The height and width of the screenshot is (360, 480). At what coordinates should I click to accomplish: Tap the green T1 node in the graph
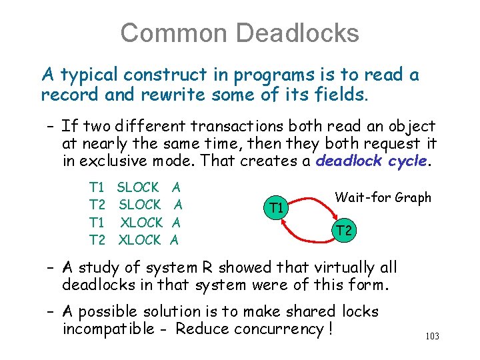point(276,208)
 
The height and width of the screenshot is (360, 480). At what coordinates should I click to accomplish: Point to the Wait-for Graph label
point(383,197)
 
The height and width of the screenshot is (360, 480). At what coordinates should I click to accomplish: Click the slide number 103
point(431,337)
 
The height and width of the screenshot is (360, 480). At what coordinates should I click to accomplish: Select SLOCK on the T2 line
point(139,205)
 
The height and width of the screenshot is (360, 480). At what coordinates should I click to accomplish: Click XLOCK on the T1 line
point(141,223)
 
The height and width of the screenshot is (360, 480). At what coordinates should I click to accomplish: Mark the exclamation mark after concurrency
point(330,329)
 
